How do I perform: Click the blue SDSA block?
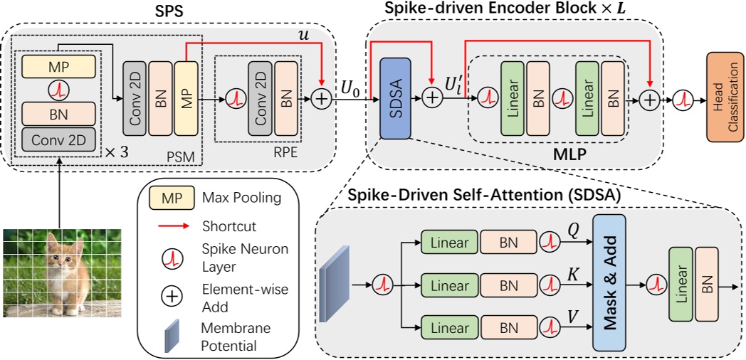click(395, 98)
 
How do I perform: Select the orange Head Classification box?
click(726, 97)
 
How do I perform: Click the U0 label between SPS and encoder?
click(350, 88)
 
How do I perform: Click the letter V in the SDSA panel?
click(572, 317)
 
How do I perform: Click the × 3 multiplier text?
click(117, 152)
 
